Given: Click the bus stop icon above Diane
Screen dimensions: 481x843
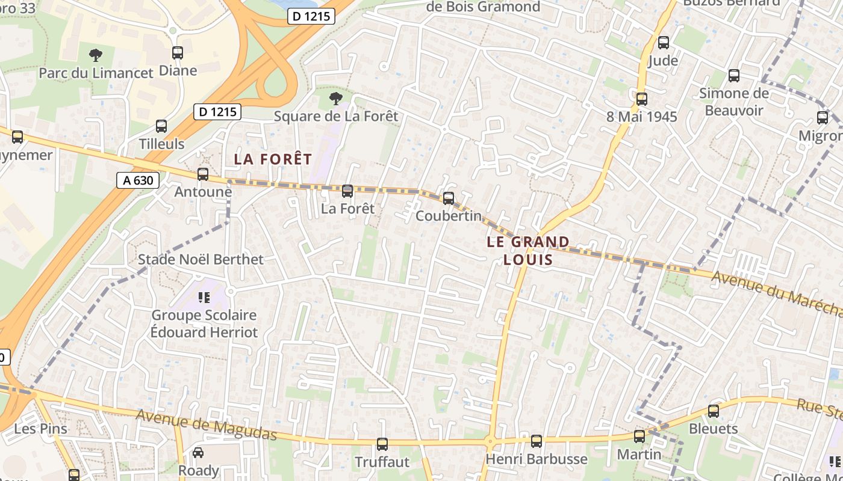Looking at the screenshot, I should click(x=177, y=53).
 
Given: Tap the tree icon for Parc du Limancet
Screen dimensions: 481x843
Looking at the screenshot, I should click(x=95, y=56).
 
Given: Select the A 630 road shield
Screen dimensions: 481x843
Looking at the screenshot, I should click(x=138, y=180).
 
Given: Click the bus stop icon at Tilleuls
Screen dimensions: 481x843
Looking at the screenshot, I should click(x=161, y=126).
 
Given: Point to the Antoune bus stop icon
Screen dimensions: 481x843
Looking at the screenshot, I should click(x=203, y=174).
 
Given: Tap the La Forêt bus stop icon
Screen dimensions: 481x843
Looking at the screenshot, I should click(x=347, y=191).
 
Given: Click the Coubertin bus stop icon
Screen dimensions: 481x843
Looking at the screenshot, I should click(x=449, y=198).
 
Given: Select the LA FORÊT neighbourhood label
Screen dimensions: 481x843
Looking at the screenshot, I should click(x=273, y=159).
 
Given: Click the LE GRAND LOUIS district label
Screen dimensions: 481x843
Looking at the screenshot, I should click(x=528, y=251).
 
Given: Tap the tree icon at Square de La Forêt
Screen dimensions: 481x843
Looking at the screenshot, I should click(x=336, y=98).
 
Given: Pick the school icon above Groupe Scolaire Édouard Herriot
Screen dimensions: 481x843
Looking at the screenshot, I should click(x=204, y=297).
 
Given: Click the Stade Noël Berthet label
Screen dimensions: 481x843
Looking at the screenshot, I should click(x=201, y=260).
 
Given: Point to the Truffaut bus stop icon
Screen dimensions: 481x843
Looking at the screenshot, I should click(x=382, y=444).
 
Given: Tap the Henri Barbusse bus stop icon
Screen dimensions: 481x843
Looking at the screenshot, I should click(x=537, y=441).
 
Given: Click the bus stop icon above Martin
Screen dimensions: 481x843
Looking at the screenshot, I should click(x=639, y=437).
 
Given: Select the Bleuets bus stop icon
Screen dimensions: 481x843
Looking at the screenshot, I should click(x=714, y=411).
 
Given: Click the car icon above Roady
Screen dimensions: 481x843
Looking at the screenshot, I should click(x=198, y=453).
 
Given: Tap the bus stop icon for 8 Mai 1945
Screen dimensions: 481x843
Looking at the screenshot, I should click(x=642, y=99).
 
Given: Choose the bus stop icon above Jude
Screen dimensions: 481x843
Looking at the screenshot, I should click(x=664, y=43).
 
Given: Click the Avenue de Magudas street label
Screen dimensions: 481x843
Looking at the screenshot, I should click(x=206, y=424).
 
